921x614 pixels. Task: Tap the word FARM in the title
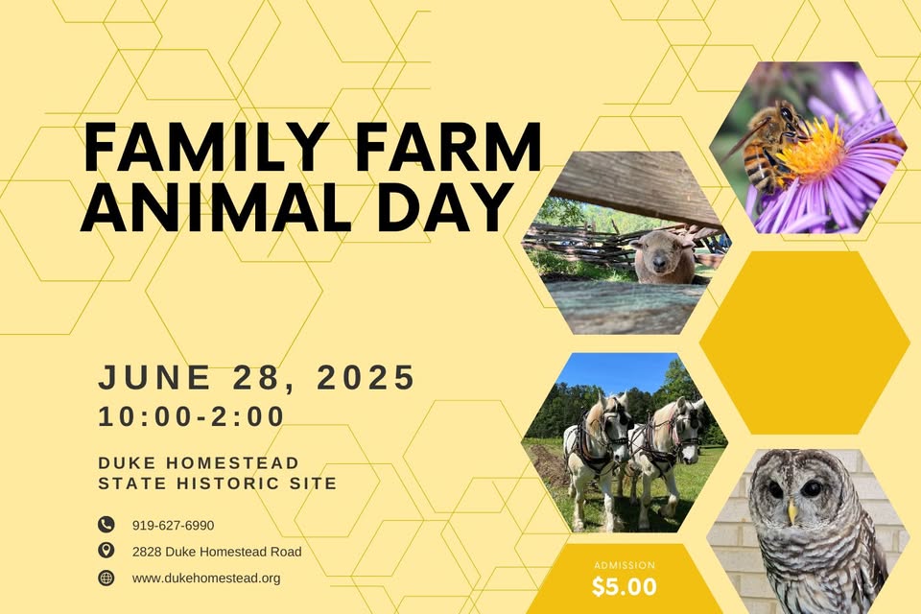coord(448,147)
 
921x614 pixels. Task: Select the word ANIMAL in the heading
coord(216,206)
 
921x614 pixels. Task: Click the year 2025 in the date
coord(366,377)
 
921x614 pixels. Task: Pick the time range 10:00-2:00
coord(192,416)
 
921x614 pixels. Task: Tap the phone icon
coord(106,524)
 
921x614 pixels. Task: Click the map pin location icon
coord(106,551)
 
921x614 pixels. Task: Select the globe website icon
coord(106,578)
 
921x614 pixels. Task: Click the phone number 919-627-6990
coord(174,526)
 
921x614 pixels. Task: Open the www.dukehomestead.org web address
coord(206,579)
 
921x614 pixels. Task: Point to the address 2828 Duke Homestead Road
coord(217,552)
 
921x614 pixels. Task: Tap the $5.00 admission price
coord(625,587)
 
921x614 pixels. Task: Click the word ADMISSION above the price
coord(625,565)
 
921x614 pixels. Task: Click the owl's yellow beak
coord(792,513)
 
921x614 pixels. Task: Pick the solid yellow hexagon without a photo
coord(804,342)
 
